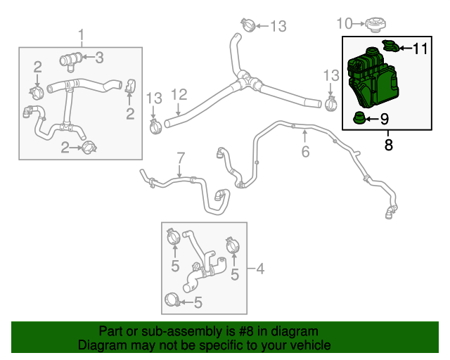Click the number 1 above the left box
(x=81, y=34)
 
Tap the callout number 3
(x=100, y=56)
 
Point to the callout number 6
(x=305, y=151)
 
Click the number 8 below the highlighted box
(x=388, y=146)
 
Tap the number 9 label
(x=384, y=119)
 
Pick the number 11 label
(x=420, y=49)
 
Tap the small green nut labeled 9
(x=359, y=117)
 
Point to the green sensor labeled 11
(x=390, y=47)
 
